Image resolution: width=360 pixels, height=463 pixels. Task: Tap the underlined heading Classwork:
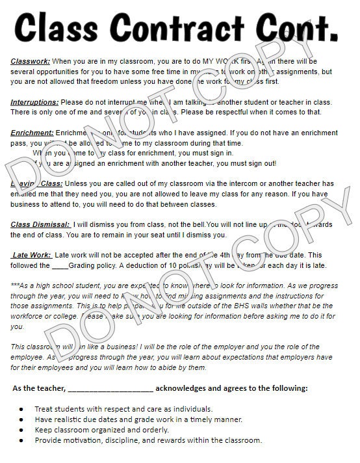pyautogui.click(x=30, y=60)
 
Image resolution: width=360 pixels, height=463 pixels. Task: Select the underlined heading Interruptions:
pyautogui.click(x=34, y=102)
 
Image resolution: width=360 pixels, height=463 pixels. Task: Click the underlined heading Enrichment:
pyautogui.click(x=32, y=133)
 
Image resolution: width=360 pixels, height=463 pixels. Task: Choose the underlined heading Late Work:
pyautogui.click(x=32, y=256)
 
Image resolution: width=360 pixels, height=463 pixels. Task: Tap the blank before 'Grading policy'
pyautogui.click(x=60, y=265)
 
